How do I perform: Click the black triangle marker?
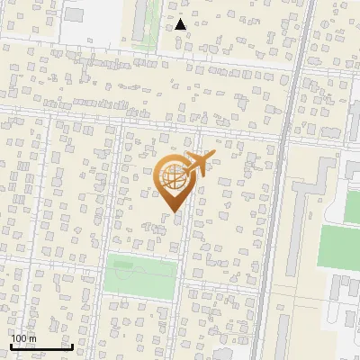(x=181, y=24)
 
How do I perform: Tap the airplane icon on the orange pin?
(x=196, y=165)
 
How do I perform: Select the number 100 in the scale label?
(x=19, y=338)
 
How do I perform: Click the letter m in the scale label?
(x=33, y=338)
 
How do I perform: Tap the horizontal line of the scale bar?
(x=41, y=346)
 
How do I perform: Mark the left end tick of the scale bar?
(x=10, y=345)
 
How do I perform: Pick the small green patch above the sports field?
(x=352, y=206)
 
